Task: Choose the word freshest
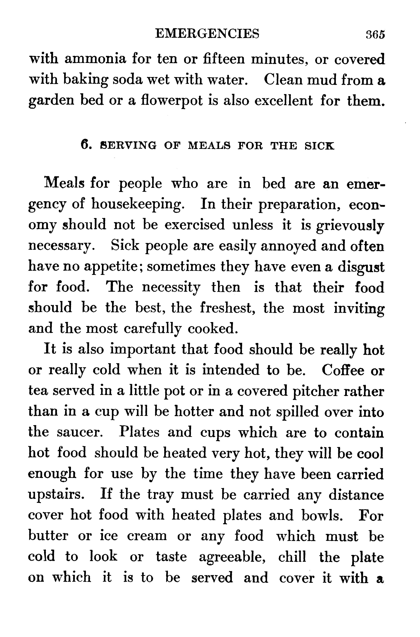(227, 308)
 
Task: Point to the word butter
(48, 536)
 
